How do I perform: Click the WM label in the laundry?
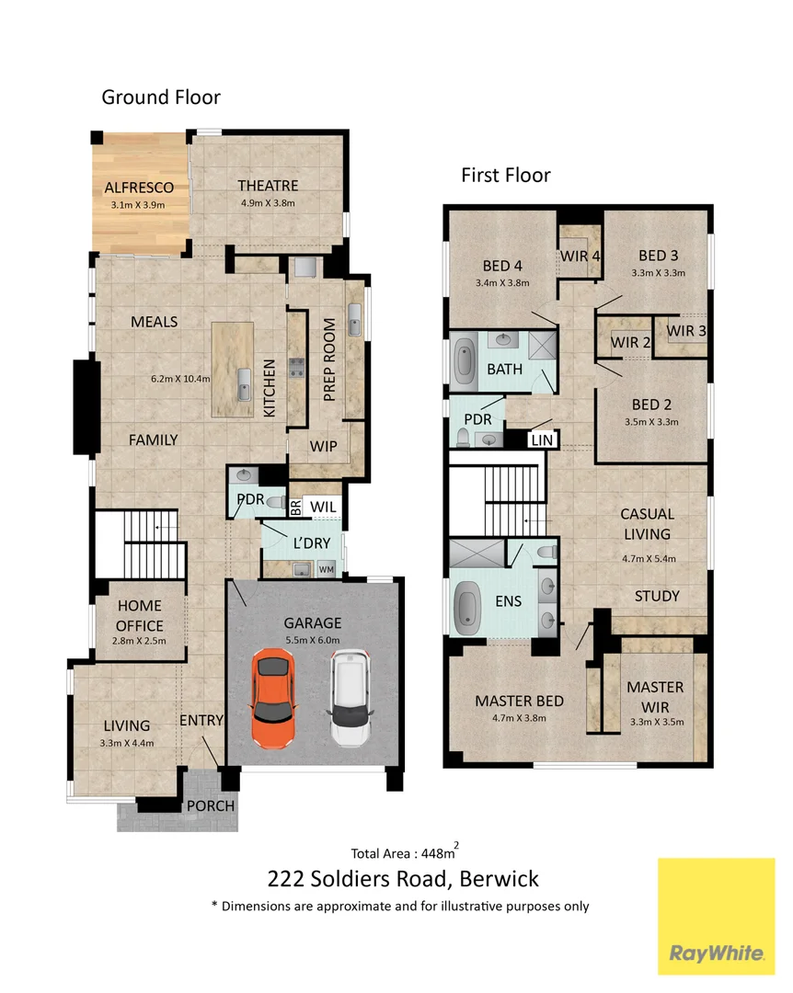tap(325, 570)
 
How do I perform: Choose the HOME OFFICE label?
tap(140, 615)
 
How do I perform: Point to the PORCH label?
tap(211, 805)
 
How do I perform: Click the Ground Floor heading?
tap(161, 97)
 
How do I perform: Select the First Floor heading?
tap(506, 175)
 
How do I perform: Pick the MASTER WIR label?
tap(655, 695)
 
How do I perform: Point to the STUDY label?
tap(657, 596)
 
